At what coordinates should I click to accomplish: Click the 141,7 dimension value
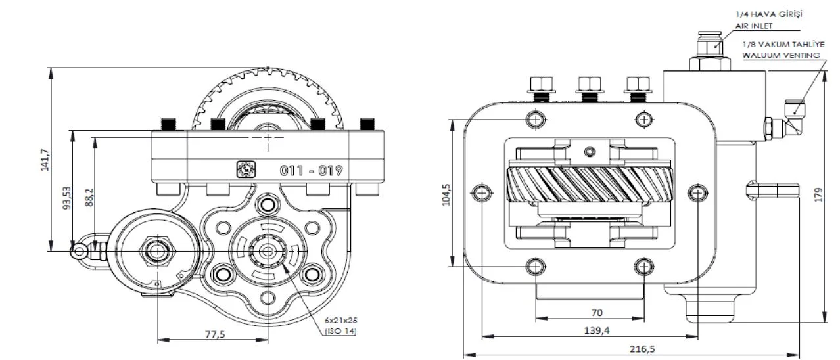point(45,160)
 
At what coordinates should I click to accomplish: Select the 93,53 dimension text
point(67,198)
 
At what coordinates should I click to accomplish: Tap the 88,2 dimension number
point(89,198)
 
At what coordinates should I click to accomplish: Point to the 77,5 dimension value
point(215,334)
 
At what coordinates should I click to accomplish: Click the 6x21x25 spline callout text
point(341,321)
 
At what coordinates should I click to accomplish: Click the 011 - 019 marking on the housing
point(312,171)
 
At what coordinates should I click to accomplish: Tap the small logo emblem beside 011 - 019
point(246,169)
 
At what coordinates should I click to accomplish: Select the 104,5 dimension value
point(447,194)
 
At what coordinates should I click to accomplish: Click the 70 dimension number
point(597,313)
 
